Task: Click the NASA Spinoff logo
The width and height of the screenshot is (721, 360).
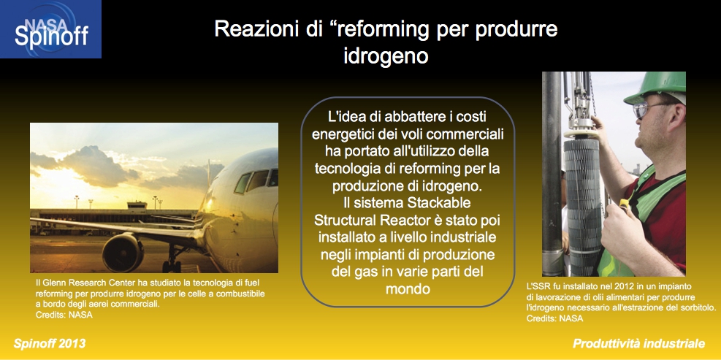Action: point(50,29)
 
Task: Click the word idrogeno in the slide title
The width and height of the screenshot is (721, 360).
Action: point(386,55)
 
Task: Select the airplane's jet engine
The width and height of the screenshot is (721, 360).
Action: point(123,253)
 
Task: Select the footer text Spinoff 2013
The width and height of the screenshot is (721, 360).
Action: point(50,343)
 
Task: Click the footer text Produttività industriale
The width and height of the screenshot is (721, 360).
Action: point(638,343)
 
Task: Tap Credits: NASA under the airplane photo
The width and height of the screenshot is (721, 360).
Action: point(64,315)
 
